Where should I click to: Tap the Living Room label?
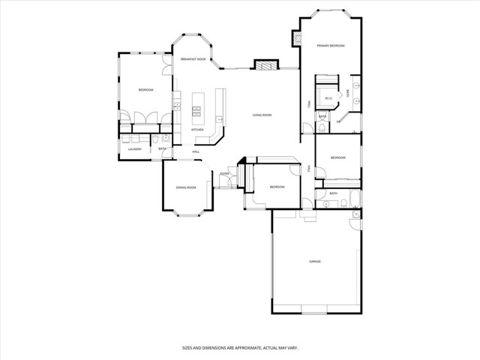pos(262,115)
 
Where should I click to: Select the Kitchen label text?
pos(197,130)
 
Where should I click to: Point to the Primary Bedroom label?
pos(330,46)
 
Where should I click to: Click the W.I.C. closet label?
pos(328,98)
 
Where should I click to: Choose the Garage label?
pos(315,261)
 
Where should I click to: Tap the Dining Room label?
pos(186,187)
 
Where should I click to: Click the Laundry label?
pos(135,148)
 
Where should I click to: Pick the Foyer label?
pos(224,173)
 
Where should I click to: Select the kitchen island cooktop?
pos(197,112)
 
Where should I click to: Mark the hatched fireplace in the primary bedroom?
pos(298,39)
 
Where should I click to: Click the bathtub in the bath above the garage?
pos(355,198)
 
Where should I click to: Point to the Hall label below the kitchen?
pos(196,152)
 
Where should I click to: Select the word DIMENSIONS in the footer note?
pos(214,347)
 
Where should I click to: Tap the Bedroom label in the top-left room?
pos(145,90)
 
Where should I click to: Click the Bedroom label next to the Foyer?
pos(277,186)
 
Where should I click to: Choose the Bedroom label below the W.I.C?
pos(338,157)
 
